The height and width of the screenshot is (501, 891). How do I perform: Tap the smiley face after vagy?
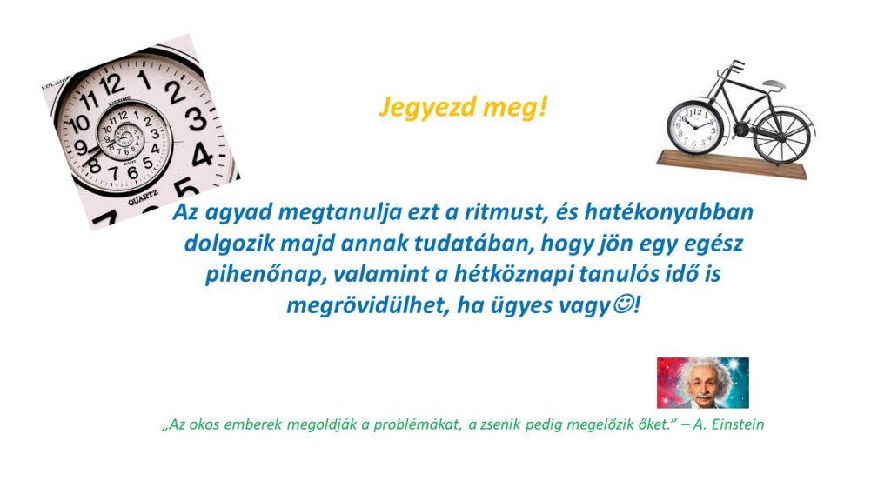click(x=623, y=304)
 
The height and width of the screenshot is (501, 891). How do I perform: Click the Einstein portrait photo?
click(x=702, y=383)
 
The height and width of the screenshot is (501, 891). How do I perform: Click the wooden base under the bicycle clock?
click(x=732, y=164)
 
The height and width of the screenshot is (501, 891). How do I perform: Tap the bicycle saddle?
click(x=774, y=84)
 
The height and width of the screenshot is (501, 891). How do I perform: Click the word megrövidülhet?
click(x=364, y=305)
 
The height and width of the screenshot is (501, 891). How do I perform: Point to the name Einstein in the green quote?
click(x=738, y=424)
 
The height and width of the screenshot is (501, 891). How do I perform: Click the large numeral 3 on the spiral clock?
click(x=197, y=118)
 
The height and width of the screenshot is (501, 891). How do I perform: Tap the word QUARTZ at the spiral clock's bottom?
click(x=144, y=197)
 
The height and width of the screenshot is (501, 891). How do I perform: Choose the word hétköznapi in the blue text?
click(x=511, y=275)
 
